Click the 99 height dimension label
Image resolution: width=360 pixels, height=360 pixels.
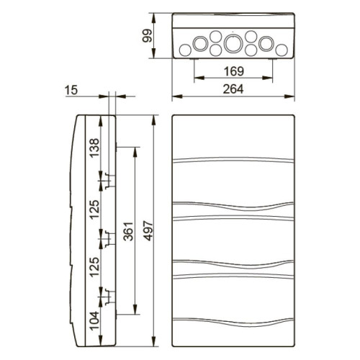pos(147,35)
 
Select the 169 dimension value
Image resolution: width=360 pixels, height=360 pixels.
pos(234,71)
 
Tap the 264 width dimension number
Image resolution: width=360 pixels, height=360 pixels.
pos(233,89)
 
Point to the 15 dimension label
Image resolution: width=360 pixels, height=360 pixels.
pos(71,90)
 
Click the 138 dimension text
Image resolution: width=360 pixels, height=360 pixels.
pos(94,148)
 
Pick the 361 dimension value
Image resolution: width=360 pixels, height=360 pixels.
pos(129,231)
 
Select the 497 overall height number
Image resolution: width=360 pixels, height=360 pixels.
pos(148,231)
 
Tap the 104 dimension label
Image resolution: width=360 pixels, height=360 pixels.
pos(94,320)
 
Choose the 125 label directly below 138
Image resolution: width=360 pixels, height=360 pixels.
pos(94,210)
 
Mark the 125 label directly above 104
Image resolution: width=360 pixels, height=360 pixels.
pos(94,267)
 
